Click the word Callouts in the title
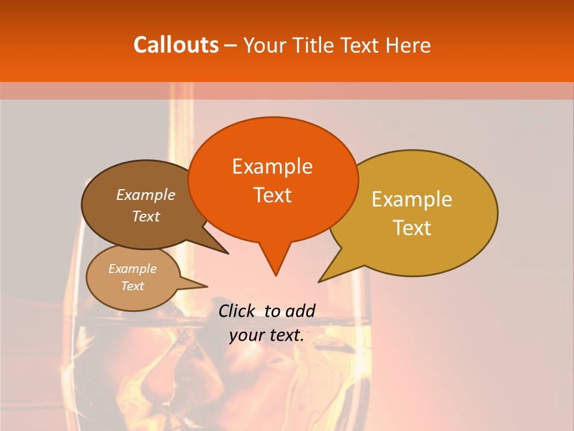tap(176, 45)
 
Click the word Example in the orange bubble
tap(272, 166)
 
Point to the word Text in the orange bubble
tap(272, 195)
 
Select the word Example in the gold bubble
tap(412, 199)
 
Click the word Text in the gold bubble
tap(412, 228)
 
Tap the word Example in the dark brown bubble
tap(146, 195)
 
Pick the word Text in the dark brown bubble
tap(146, 217)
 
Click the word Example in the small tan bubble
tap(133, 269)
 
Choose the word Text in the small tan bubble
tap(133, 286)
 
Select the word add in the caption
tap(300, 311)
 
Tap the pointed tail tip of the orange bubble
tap(276, 276)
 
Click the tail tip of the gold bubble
tap(318, 282)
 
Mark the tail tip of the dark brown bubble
tap(228, 254)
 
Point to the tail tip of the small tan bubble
tap(207, 286)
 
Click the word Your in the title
tap(265, 45)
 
